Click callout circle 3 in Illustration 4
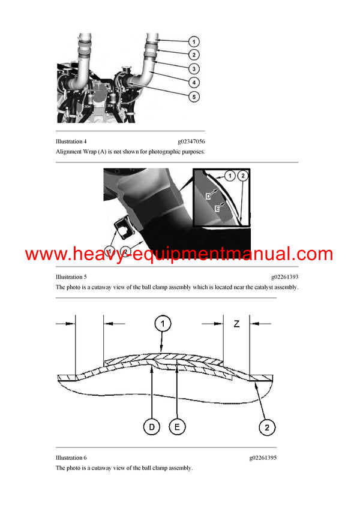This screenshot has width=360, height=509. [x=194, y=68]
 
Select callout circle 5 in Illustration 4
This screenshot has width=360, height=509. [x=194, y=96]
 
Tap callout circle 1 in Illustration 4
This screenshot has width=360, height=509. [x=194, y=41]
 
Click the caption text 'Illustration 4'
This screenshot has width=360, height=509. [x=71, y=141]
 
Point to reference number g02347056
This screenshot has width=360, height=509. [x=191, y=141]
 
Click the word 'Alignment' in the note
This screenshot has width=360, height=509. [x=70, y=152]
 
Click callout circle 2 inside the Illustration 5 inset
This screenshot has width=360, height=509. [x=242, y=176]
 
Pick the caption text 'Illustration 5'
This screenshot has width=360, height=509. [x=71, y=277]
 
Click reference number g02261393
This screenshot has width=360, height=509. [x=284, y=277]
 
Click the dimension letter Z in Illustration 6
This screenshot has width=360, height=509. [x=236, y=324]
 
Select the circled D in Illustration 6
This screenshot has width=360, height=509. [x=152, y=427]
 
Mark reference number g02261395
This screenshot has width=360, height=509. [x=263, y=458]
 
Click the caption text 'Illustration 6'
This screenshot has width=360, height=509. [x=71, y=458]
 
